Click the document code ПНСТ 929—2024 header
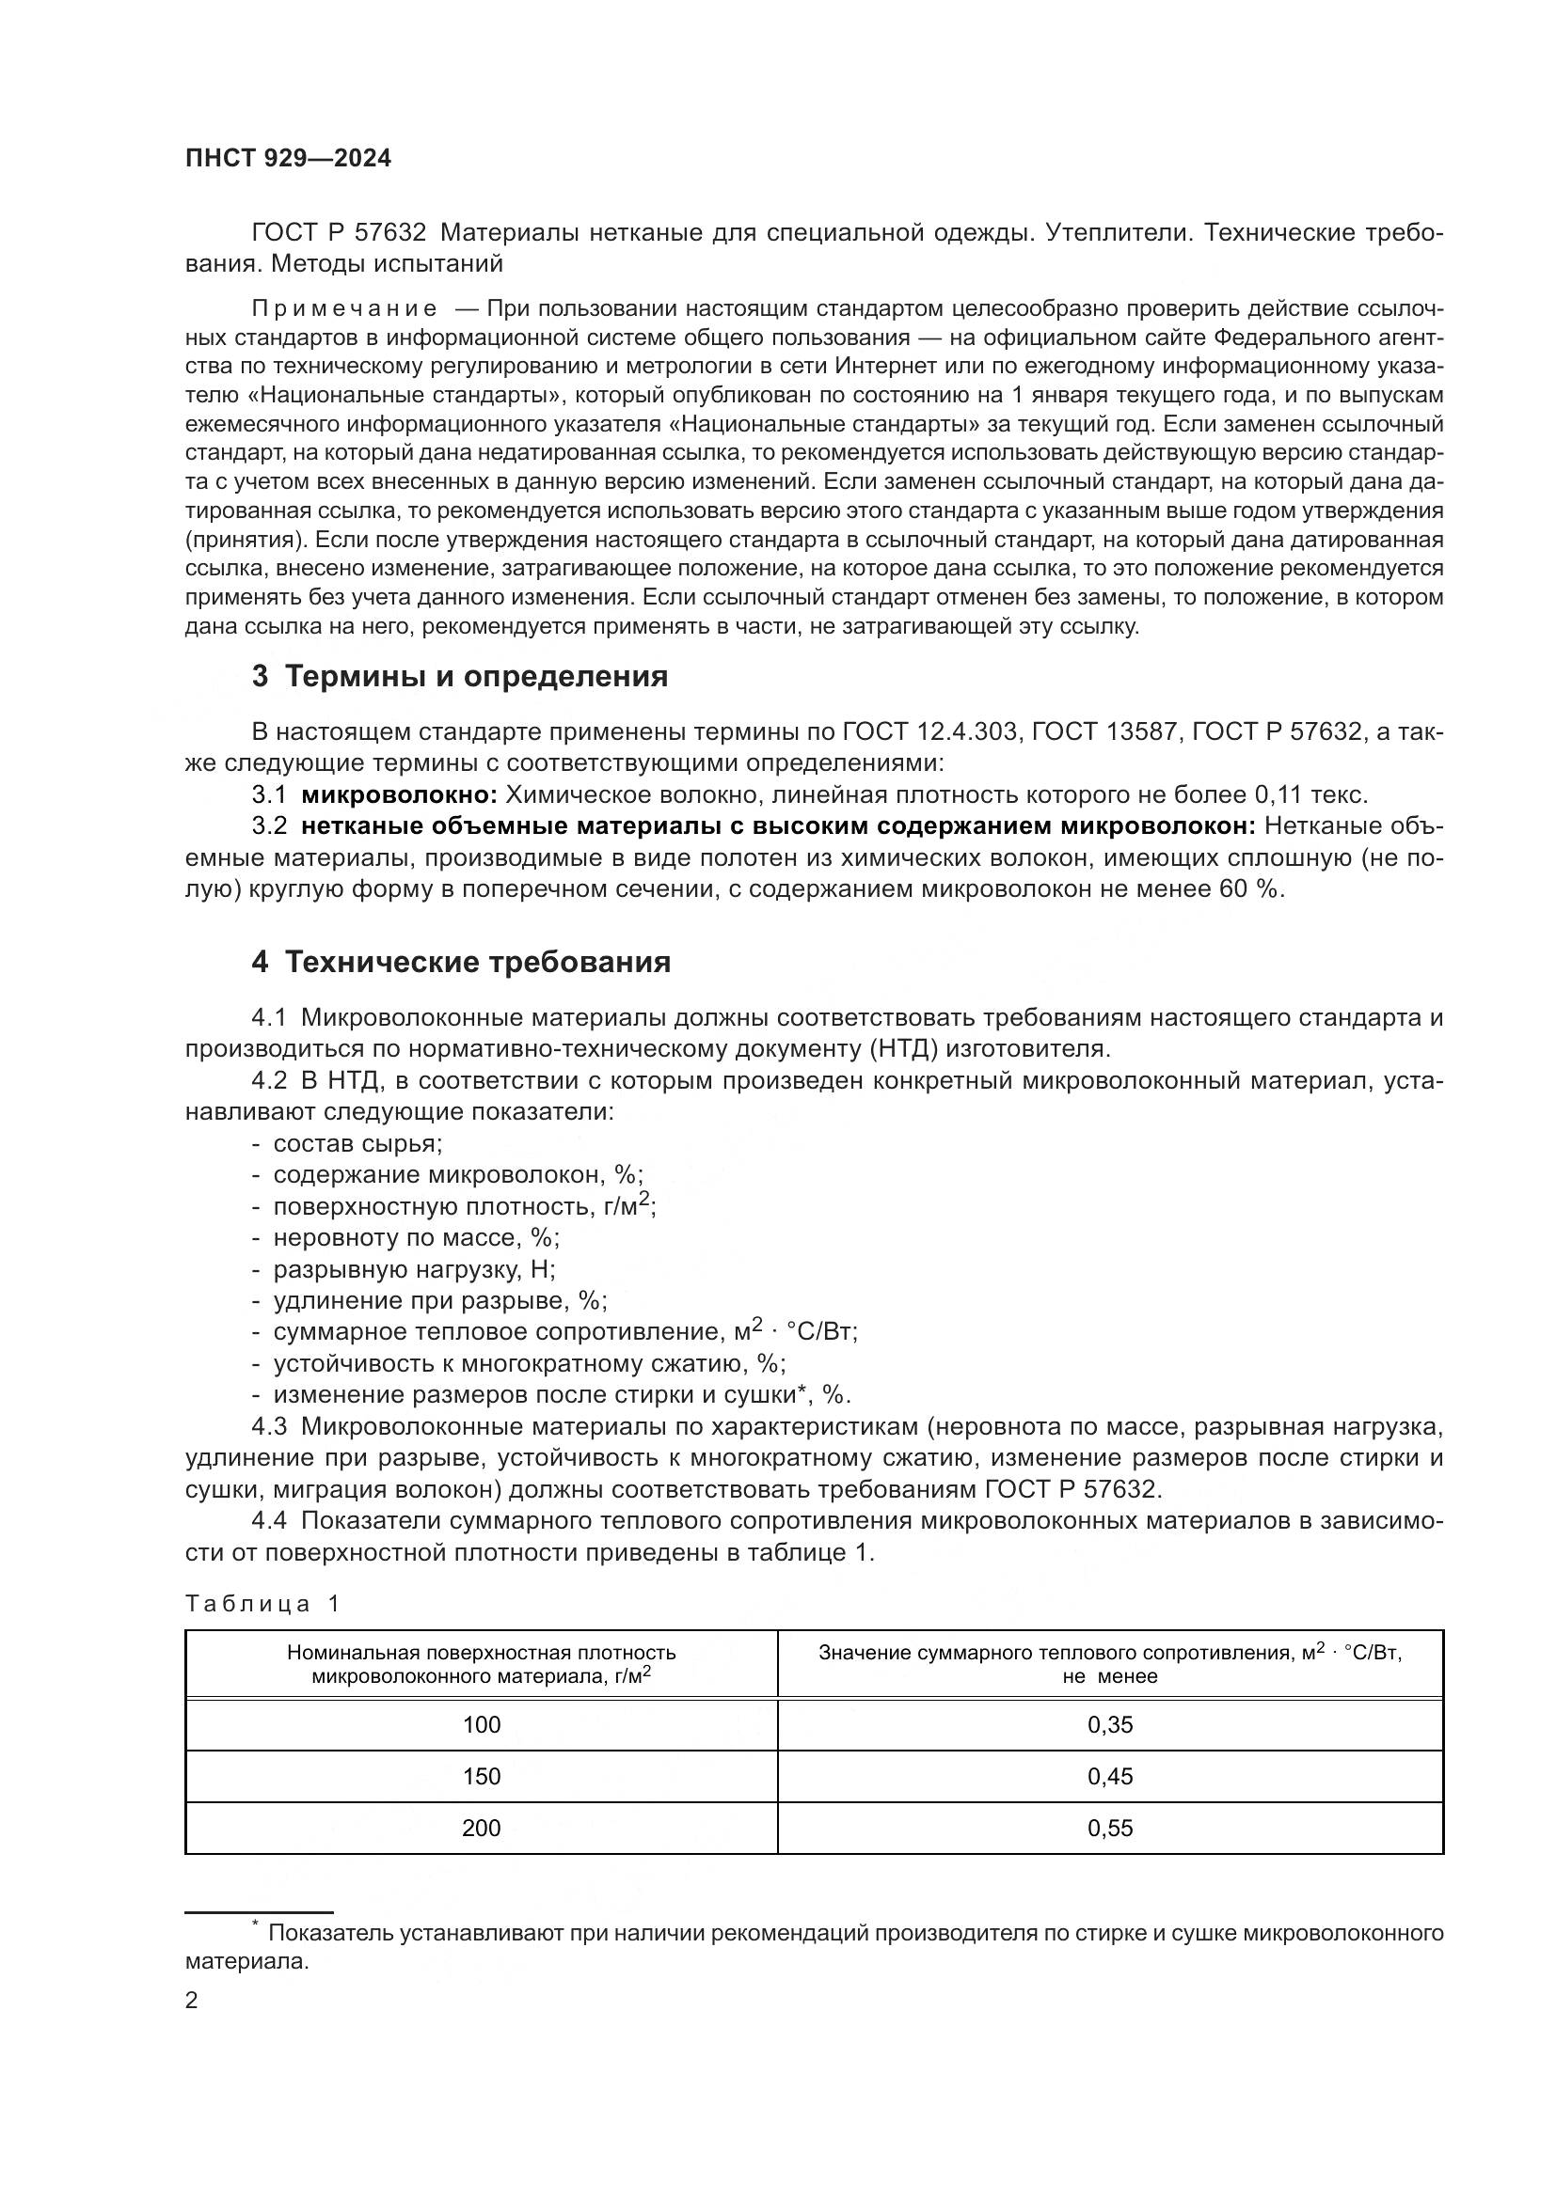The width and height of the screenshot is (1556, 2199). coord(288,159)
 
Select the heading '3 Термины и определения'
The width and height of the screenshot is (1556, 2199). coord(459,677)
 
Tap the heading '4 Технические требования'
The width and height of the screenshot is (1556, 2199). coord(461,962)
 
